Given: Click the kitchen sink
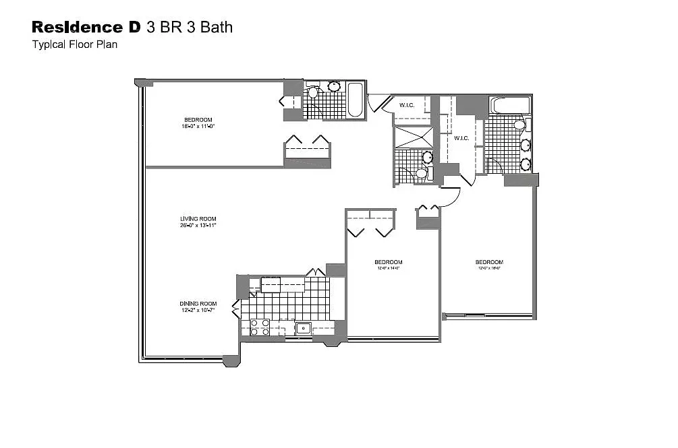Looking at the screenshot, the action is pyautogui.click(x=303, y=329).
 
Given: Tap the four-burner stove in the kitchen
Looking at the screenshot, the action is pyautogui.click(x=260, y=327).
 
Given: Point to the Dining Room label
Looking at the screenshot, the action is pyautogui.click(x=198, y=307).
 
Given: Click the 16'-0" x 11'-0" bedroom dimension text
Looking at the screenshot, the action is pyautogui.click(x=198, y=126).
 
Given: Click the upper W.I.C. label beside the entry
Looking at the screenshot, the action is pyautogui.click(x=407, y=105).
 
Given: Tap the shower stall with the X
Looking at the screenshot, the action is pyautogui.click(x=414, y=137).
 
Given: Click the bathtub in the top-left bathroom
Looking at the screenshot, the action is pyautogui.click(x=355, y=101).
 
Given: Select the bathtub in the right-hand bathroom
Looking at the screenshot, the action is pyautogui.click(x=510, y=105).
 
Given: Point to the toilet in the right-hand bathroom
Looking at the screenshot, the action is pyautogui.click(x=519, y=125).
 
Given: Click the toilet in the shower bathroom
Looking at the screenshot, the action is pyautogui.click(x=421, y=174).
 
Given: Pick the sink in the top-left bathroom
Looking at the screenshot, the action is pyautogui.click(x=333, y=87).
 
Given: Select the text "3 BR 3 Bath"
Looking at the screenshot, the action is pyautogui.click(x=190, y=27).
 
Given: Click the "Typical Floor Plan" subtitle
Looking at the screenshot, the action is pyautogui.click(x=74, y=46).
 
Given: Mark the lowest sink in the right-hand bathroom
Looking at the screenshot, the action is pyautogui.click(x=526, y=164).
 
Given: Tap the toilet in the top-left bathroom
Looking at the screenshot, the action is pyautogui.click(x=312, y=92).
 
